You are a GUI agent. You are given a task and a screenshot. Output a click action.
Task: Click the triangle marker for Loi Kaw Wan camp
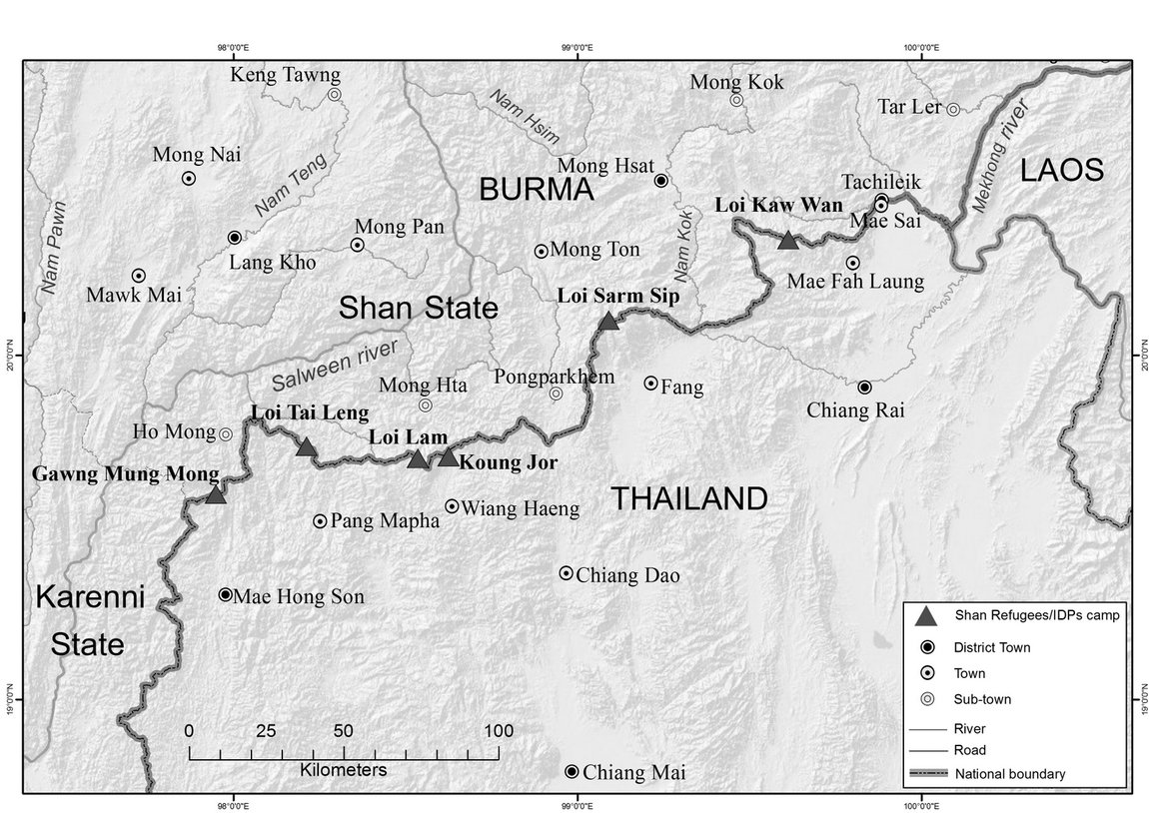787,240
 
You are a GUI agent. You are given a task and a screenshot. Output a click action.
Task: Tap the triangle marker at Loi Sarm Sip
608,321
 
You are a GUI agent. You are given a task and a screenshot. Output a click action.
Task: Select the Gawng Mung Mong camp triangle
215,493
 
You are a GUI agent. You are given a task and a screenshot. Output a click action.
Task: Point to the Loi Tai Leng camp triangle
307,447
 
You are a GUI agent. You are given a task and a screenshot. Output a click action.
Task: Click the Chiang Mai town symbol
572,772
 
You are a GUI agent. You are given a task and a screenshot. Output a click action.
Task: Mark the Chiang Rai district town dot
864,387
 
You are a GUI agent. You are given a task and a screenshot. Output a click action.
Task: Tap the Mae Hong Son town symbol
225,594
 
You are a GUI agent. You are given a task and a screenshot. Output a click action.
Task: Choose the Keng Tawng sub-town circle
335,94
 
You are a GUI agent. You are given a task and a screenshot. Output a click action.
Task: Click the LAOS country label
1061,171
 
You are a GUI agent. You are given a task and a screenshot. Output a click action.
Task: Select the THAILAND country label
689,498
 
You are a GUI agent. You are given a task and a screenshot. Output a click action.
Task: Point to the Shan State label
418,308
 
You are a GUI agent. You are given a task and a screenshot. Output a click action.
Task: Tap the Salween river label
334,365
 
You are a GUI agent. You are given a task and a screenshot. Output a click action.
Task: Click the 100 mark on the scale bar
498,729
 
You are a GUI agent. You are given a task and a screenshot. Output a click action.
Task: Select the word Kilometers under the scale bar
343,771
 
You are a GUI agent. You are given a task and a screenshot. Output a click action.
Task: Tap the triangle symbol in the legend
924,614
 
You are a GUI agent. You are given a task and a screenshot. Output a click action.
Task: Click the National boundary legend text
1009,773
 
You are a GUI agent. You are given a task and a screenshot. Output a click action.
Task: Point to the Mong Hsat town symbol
660,180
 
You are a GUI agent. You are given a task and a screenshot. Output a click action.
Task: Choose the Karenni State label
90,620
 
